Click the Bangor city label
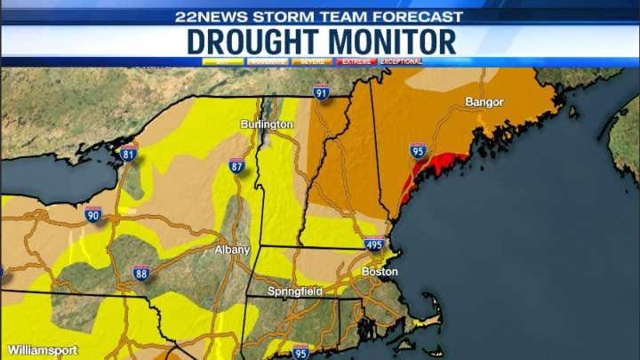(x=484, y=102)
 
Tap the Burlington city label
(x=266, y=124)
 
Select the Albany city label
(x=232, y=250)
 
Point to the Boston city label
(x=380, y=271)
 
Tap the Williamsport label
(x=42, y=350)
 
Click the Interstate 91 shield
(x=321, y=92)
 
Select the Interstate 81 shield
(x=128, y=153)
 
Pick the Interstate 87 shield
(x=236, y=165)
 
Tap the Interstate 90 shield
(x=93, y=214)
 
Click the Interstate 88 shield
(x=140, y=272)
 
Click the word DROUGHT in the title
(x=252, y=42)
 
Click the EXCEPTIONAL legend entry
(x=401, y=61)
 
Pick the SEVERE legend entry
(x=310, y=61)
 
